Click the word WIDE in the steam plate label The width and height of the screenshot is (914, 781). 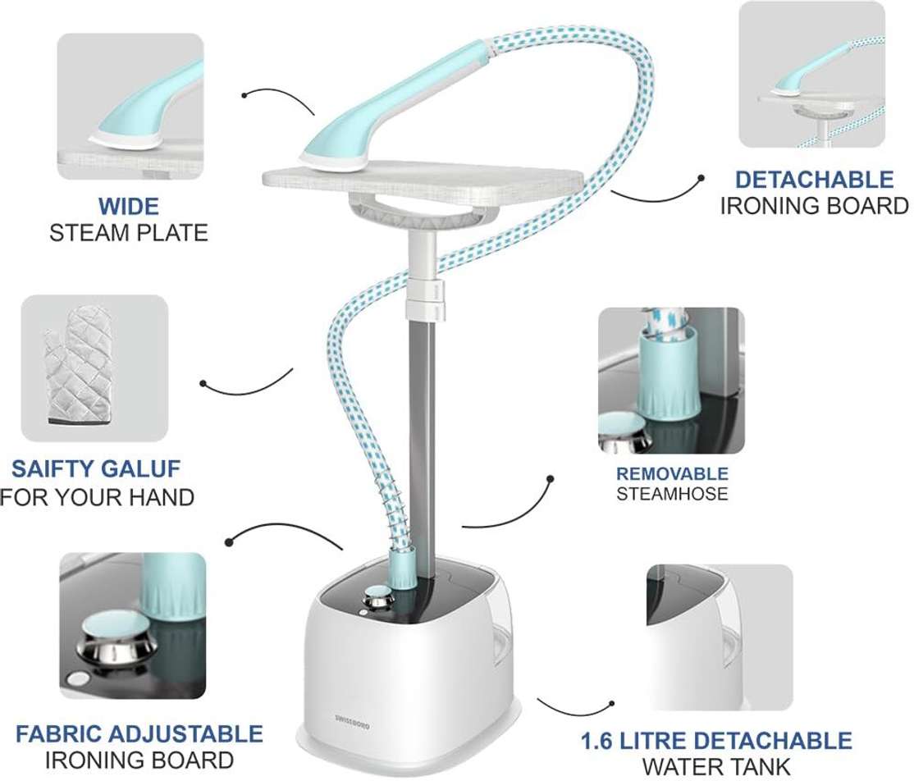click(128, 207)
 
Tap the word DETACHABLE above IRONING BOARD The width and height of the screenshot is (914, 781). click(815, 180)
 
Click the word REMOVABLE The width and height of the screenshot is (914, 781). click(672, 474)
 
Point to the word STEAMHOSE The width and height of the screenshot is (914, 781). click(672, 494)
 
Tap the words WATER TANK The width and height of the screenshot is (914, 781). click(716, 766)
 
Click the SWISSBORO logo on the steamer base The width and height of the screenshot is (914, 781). click(352, 719)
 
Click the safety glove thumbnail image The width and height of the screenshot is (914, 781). click(94, 368)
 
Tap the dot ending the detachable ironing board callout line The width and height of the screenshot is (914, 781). click(701, 178)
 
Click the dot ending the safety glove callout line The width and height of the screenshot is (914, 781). click(203, 383)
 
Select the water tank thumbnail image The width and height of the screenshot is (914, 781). click(720, 637)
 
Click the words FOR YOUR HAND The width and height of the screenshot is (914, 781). click(97, 498)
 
